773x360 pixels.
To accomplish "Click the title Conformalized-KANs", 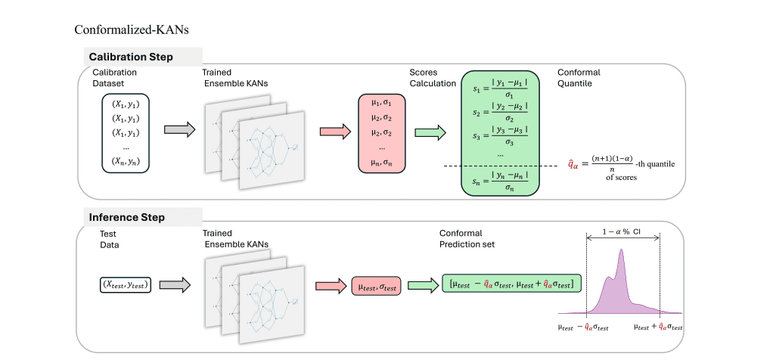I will (x=131, y=30).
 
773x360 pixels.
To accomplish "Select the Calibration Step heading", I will (x=131, y=57).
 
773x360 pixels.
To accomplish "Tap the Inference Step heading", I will (x=127, y=218).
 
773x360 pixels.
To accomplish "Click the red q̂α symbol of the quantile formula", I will (x=576, y=163).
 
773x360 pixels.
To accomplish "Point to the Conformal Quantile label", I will (x=579, y=78).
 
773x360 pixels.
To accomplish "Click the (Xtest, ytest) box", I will (x=126, y=285).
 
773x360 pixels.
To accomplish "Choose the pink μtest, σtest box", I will (x=376, y=285).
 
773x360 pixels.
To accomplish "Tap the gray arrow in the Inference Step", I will (x=175, y=285).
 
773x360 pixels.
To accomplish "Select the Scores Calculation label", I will (x=432, y=78).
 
